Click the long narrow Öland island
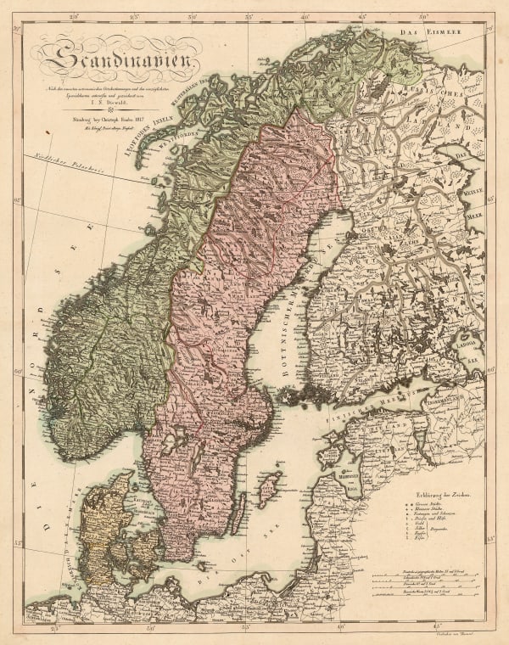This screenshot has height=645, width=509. point(240,513)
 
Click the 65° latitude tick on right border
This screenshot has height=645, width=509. point(491,196)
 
